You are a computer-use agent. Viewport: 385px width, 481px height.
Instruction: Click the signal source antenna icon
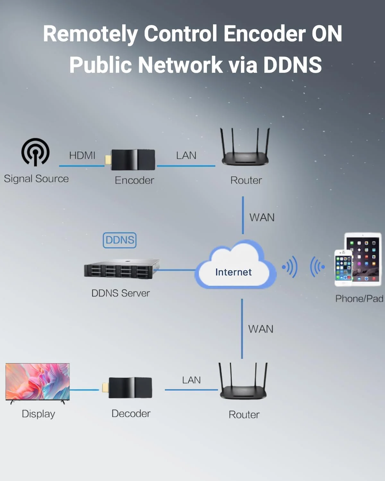(35, 152)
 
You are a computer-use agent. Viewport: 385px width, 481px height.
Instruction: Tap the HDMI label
(82, 156)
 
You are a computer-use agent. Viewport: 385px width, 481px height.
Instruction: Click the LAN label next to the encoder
(186, 156)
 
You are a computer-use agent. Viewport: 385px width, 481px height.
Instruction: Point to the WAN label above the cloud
(262, 217)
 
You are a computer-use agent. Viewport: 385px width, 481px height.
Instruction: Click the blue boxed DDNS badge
(120, 240)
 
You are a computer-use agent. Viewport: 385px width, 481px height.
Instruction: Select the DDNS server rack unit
(121, 269)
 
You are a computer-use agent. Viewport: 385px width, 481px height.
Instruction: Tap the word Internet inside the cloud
(233, 272)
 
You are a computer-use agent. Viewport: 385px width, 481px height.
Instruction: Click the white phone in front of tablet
(343, 268)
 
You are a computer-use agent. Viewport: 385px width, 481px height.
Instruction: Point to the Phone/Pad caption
(359, 299)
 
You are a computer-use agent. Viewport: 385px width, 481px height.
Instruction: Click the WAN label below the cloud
(261, 329)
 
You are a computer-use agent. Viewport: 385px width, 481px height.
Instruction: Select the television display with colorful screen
(38, 382)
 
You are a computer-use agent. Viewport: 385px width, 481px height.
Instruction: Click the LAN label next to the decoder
(191, 380)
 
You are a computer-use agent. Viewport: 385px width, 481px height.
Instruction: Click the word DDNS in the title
(292, 64)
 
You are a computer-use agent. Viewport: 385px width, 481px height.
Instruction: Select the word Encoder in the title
(264, 34)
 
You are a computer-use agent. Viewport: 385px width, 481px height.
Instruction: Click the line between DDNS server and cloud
(176, 270)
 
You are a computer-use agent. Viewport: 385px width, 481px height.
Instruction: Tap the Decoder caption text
(131, 414)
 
